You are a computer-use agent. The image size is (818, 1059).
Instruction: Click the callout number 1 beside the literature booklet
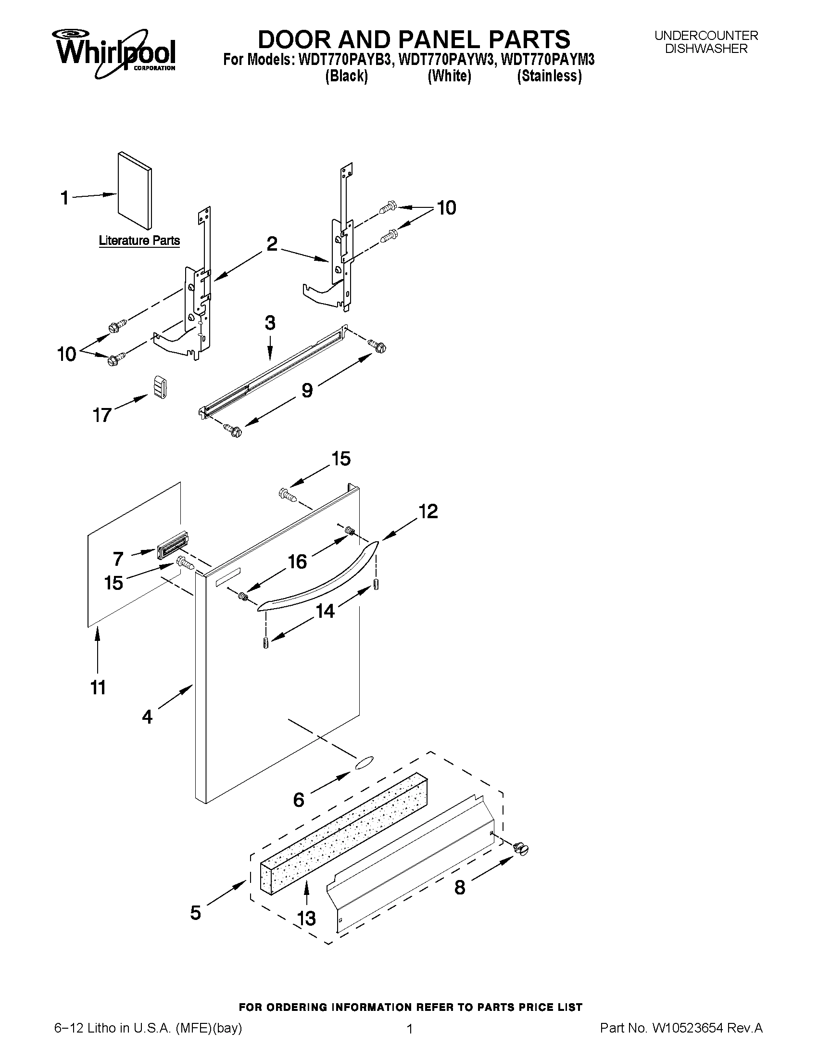[x=64, y=198]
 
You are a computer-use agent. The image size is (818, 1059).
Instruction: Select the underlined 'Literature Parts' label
[x=139, y=241]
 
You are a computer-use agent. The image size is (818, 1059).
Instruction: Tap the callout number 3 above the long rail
[x=270, y=323]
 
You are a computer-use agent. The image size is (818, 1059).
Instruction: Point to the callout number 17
[x=102, y=415]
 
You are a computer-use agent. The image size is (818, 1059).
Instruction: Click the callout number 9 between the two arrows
[x=307, y=390]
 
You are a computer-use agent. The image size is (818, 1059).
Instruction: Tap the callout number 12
[x=428, y=511]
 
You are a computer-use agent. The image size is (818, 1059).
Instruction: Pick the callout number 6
[x=299, y=799]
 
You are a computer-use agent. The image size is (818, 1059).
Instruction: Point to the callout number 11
[x=98, y=687]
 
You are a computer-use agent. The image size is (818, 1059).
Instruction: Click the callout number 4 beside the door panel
[x=147, y=716]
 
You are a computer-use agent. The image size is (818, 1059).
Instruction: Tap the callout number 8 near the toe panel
[x=459, y=887]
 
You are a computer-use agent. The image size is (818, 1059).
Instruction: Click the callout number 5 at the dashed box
[x=195, y=913]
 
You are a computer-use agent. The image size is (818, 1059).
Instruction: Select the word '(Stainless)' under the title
[x=549, y=76]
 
